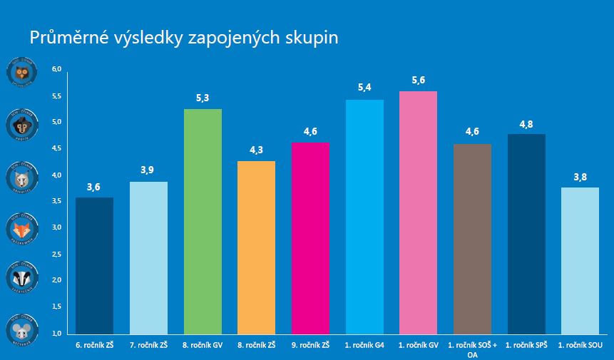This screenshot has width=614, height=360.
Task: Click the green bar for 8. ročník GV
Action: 203,221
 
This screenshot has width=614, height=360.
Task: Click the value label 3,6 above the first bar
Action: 94,187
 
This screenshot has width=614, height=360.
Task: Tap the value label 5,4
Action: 364,88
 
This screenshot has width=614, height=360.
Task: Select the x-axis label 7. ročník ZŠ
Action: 148,345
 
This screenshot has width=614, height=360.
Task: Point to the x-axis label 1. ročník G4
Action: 364,345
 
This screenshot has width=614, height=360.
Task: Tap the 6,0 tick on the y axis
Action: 57,69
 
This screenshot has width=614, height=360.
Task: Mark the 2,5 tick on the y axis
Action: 57,254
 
